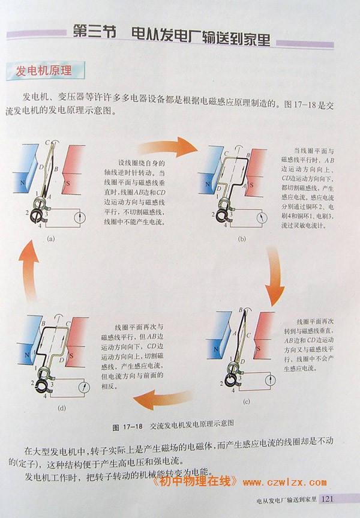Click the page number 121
[x=328, y=499]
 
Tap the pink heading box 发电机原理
[x=45, y=71]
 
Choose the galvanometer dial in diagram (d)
[x=85, y=387]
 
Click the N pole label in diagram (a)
[x=22, y=182]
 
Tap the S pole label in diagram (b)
[x=251, y=185]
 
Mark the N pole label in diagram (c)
[x=216, y=349]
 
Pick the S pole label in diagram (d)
[x=71, y=356]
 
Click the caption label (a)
[x=51, y=238]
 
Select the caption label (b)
[x=242, y=239]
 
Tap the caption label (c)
[x=247, y=402]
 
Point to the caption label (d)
[x=62, y=408]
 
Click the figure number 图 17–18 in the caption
[x=127, y=427]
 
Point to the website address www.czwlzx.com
[x=284, y=483]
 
